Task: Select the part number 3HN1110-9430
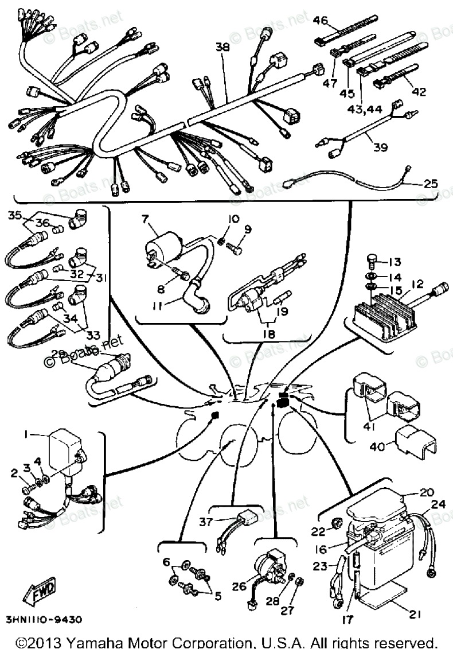[44, 620]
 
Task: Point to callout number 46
[320, 21]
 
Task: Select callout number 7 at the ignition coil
[145, 219]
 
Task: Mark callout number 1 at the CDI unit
[25, 436]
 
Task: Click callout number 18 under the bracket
[268, 334]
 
